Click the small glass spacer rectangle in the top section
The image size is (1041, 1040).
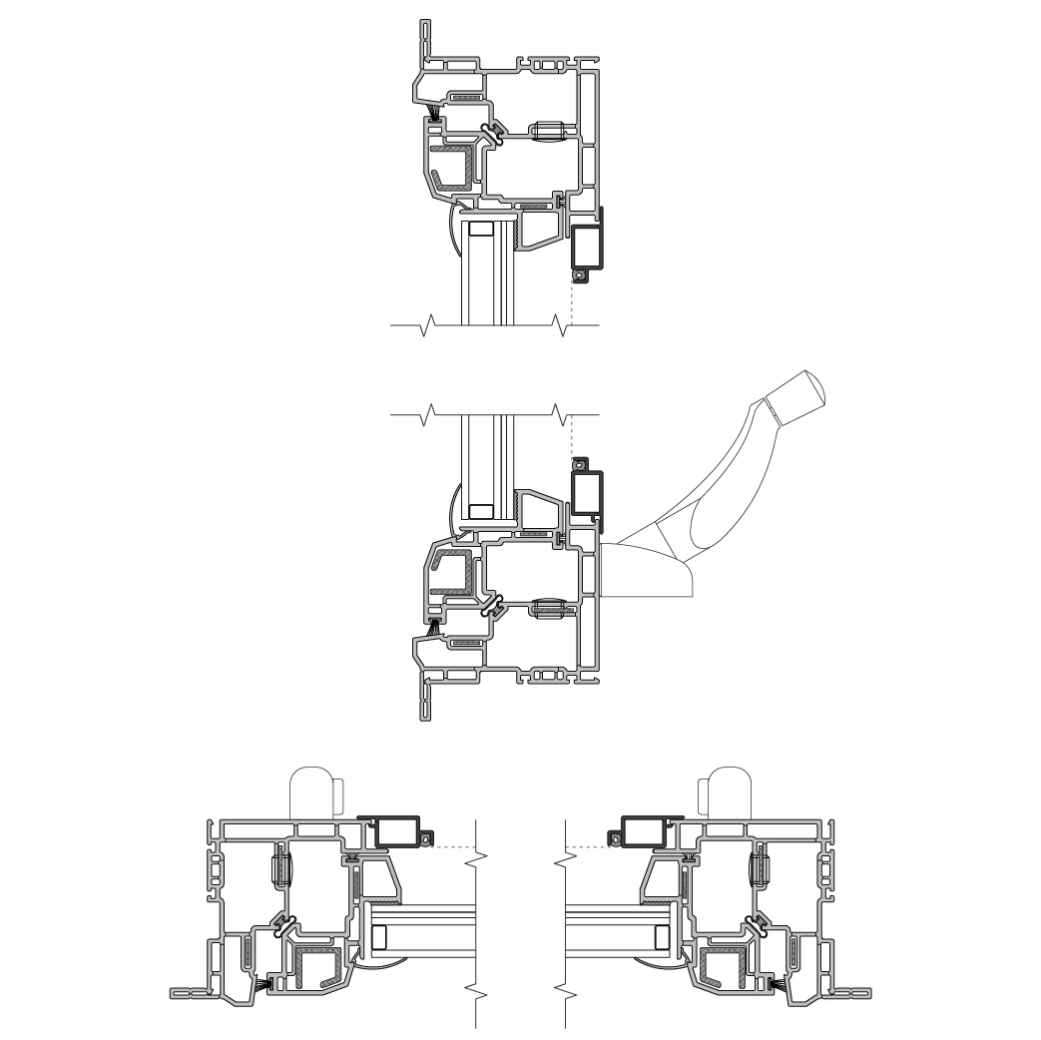(x=480, y=229)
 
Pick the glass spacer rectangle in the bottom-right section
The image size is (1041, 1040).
(x=662, y=937)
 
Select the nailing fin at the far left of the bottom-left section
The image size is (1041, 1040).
(x=190, y=992)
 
